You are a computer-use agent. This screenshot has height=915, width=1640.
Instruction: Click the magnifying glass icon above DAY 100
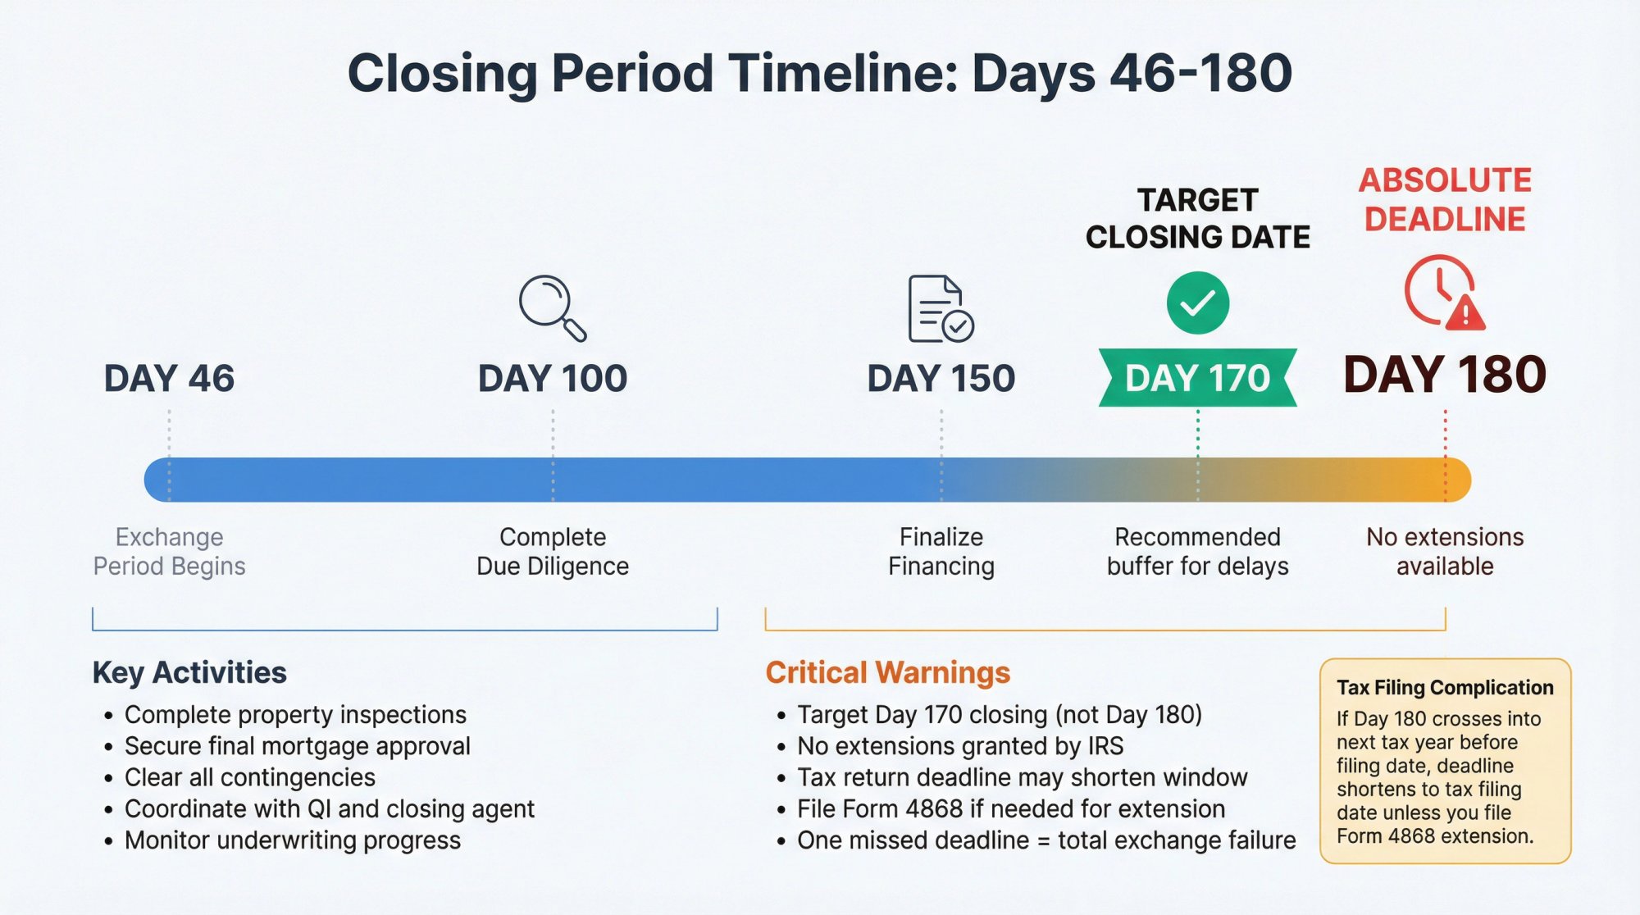click(x=551, y=307)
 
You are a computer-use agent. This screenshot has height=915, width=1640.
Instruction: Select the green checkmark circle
click(x=1197, y=303)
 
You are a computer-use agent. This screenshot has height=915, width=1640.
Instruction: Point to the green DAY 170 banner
click(x=1197, y=378)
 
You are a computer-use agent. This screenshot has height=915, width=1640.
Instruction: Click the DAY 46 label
click(x=169, y=378)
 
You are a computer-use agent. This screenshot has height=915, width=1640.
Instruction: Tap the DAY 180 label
click(x=1445, y=375)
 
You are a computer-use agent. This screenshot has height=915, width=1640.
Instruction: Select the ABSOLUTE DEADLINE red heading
click(x=1445, y=199)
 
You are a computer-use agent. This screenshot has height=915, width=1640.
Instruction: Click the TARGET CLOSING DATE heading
click(x=1197, y=218)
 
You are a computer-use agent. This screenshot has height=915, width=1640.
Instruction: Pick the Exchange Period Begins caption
click(x=169, y=551)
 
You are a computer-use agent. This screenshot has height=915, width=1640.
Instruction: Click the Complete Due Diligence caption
click(x=553, y=551)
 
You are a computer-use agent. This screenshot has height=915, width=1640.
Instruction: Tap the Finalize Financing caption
click(x=941, y=551)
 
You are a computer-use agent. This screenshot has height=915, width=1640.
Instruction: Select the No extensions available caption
click(x=1445, y=551)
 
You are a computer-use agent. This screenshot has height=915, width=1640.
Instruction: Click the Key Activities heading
click(x=189, y=672)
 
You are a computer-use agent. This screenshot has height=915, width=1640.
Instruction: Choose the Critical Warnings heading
click(x=887, y=672)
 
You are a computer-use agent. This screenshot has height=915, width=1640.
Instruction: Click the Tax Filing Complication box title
click(x=1445, y=687)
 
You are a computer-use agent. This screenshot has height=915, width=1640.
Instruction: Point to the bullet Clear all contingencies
click(x=249, y=777)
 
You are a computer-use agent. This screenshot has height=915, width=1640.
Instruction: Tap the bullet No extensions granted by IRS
click(x=959, y=746)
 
